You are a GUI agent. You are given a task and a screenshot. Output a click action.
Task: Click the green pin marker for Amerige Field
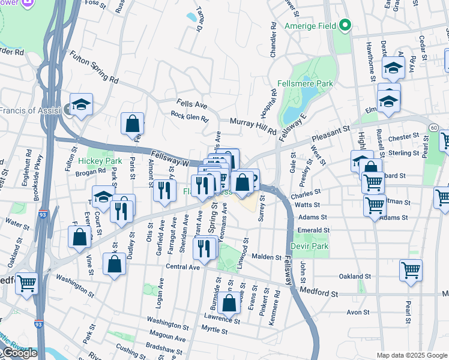[x=345, y=26]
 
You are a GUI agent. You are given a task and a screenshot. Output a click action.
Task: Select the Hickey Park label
[x=100, y=161]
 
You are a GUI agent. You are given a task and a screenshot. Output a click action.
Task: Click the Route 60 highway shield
[x=433, y=127]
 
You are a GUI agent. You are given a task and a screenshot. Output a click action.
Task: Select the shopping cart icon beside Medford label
[x=26, y=283]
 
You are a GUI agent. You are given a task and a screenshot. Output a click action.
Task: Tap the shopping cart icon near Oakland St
[x=411, y=269]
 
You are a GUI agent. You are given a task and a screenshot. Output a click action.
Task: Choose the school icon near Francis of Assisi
[x=81, y=104]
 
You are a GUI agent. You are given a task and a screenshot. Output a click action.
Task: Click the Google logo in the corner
[x=19, y=353]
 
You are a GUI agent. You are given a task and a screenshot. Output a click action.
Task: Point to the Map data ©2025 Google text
[x=411, y=355]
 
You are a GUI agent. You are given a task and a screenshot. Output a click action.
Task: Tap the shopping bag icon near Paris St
[x=132, y=124]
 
